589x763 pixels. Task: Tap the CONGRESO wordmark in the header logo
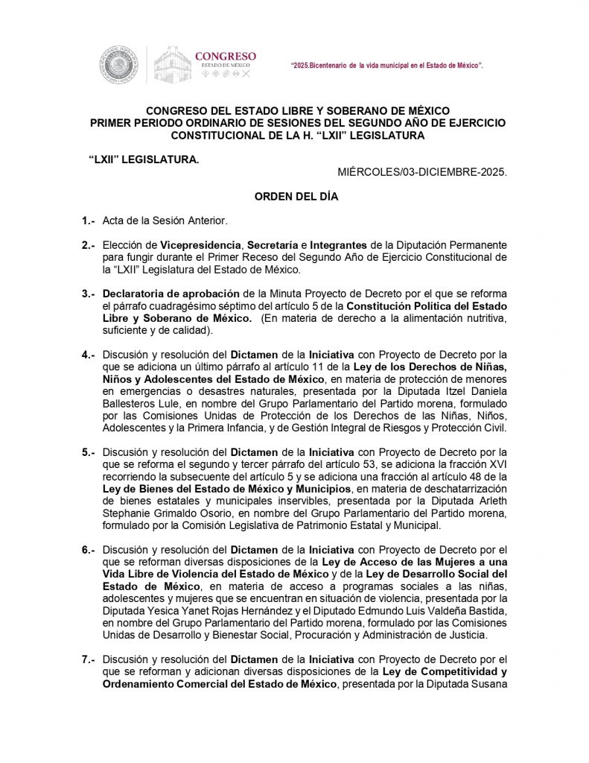pos(225,56)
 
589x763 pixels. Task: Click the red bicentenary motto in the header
pos(386,67)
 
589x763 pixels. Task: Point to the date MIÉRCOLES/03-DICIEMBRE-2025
pos(422,172)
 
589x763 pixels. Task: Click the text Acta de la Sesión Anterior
pos(164,221)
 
